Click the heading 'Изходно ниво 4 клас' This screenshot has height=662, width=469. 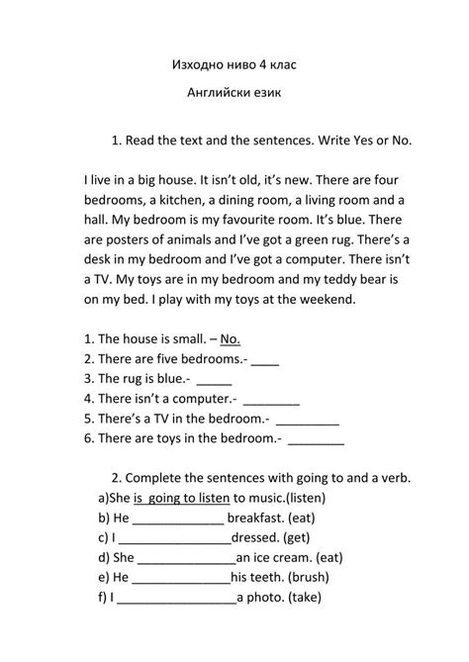234,65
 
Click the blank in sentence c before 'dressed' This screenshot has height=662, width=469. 174,540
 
